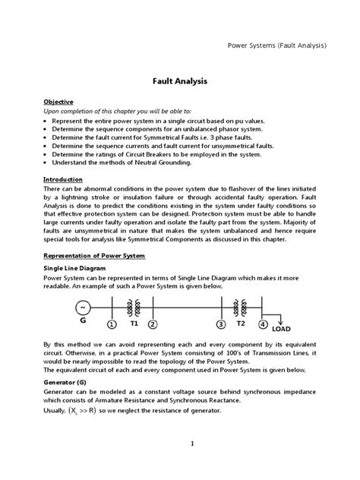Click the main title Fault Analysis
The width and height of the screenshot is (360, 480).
(x=179, y=79)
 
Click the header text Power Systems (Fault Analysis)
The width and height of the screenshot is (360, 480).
(x=277, y=45)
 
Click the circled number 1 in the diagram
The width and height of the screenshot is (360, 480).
(x=112, y=325)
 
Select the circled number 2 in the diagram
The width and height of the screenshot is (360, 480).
(x=153, y=325)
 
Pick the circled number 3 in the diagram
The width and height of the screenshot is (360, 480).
(x=221, y=325)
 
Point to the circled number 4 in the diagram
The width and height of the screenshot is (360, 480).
(x=262, y=325)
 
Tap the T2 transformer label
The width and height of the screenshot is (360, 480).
(x=242, y=322)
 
